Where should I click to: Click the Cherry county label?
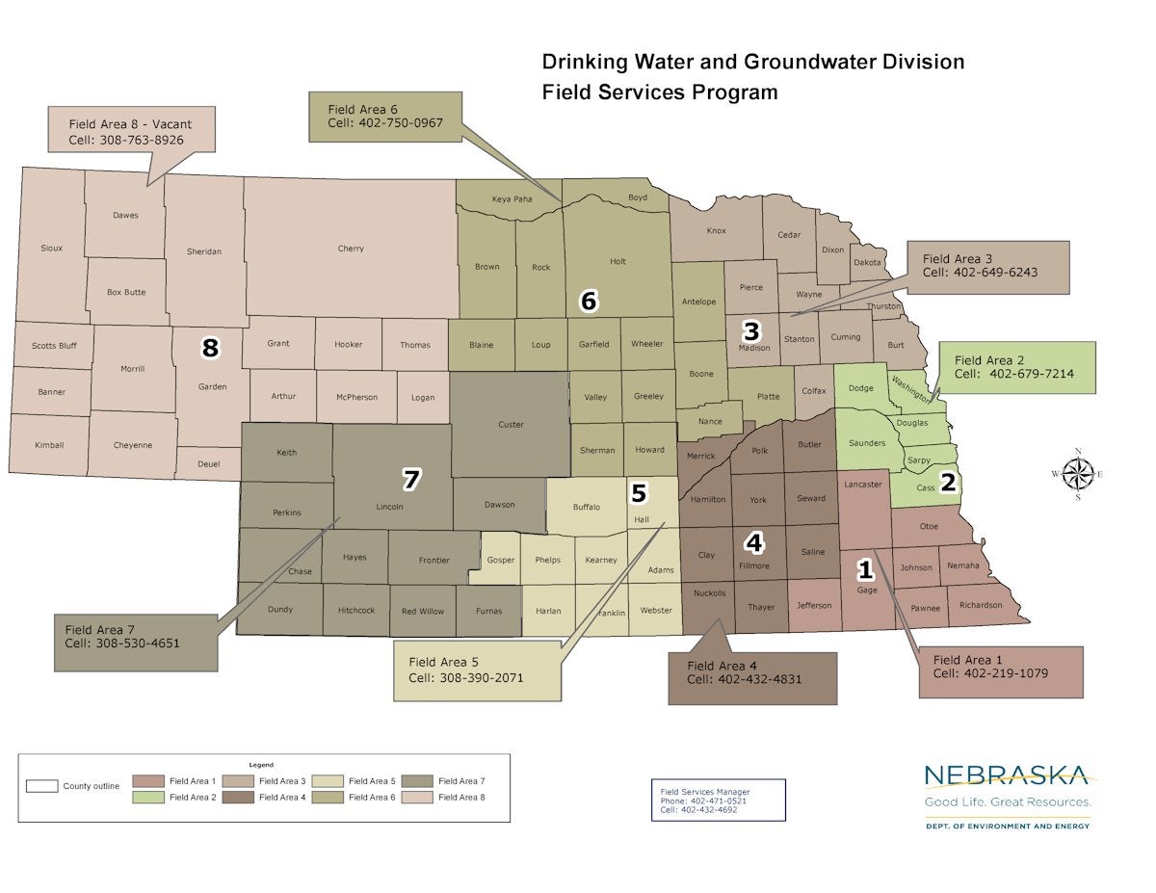tap(351, 249)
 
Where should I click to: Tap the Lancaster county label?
tap(862, 485)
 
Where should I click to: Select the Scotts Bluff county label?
tap(54, 346)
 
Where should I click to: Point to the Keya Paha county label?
tap(512, 199)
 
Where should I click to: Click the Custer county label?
tap(511, 425)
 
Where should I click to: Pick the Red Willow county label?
tap(423, 611)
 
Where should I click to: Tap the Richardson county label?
tap(981, 606)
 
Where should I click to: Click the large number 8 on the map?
tap(210, 348)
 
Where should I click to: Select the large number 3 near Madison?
tap(751, 330)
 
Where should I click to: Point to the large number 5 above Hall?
tap(639, 493)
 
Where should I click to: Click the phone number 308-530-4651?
tap(138, 643)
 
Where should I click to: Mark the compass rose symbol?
tap(1078, 473)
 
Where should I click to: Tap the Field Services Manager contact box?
tap(718, 800)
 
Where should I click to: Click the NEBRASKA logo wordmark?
tap(1006, 775)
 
